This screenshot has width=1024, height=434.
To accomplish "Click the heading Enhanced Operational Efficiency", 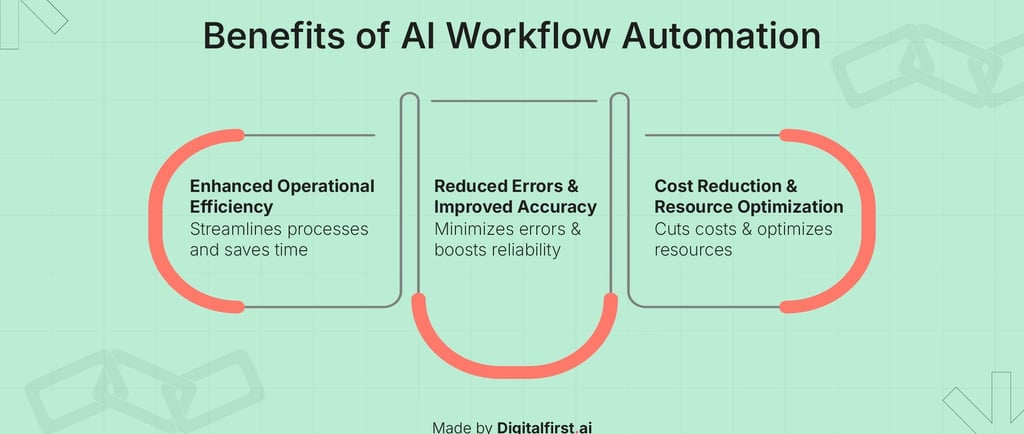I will click(x=282, y=197).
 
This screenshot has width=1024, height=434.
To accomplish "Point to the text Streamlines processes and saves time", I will click(x=279, y=239).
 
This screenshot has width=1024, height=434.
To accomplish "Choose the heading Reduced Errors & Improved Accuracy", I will click(x=515, y=197).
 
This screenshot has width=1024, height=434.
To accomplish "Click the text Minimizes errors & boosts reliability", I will click(x=506, y=239).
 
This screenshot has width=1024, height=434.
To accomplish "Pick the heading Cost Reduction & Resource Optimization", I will click(x=748, y=197).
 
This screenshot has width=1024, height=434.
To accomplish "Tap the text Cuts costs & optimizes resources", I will click(x=743, y=239).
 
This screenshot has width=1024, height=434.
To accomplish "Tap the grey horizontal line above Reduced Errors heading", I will click(x=513, y=101).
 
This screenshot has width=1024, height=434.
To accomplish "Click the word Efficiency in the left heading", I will click(x=230, y=207).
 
